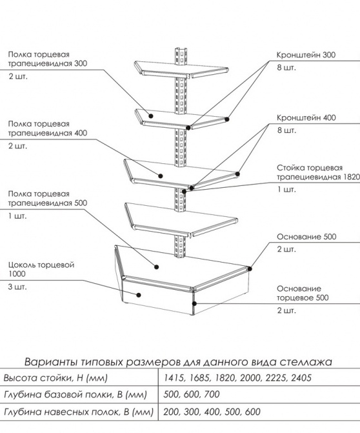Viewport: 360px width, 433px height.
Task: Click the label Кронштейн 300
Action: point(306,55)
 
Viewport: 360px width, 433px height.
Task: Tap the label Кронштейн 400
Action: point(306,117)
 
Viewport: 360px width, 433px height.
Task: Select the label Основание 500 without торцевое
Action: point(306,237)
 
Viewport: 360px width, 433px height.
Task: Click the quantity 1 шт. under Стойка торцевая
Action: point(286,190)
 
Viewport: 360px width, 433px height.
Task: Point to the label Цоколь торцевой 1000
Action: point(41,269)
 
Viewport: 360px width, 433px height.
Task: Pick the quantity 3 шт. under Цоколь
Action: point(17,287)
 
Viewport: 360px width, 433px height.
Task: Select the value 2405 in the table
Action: point(301,378)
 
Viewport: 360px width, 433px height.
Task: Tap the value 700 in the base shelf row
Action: point(212,394)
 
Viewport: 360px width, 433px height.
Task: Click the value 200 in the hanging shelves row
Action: point(172,412)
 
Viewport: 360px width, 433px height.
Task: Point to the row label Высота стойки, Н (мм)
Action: point(55,378)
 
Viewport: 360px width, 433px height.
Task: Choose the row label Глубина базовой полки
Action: point(58,395)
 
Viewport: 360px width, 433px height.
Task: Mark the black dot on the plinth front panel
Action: point(139,295)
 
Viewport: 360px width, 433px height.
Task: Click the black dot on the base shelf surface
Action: point(157,267)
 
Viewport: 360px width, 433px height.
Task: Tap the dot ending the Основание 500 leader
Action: point(250,268)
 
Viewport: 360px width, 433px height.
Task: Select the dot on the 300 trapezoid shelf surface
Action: point(151,116)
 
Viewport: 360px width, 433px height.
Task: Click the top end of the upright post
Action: point(181,49)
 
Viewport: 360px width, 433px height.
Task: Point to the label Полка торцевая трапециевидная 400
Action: point(48,128)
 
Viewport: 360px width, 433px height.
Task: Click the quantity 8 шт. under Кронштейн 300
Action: point(286,68)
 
